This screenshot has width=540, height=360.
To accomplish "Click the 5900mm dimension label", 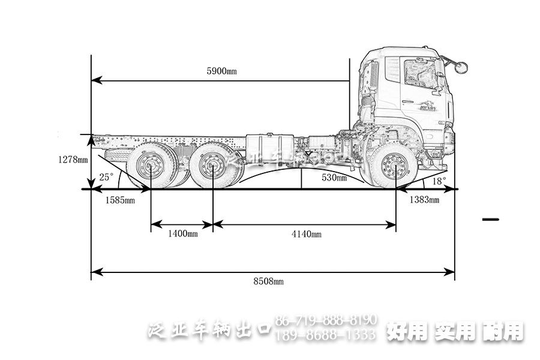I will (221, 71).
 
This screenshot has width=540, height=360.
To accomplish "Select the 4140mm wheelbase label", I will (306, 234).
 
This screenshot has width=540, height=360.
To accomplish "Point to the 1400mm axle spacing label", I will (183, 234).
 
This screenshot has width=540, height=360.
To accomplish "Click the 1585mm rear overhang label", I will (119, 200).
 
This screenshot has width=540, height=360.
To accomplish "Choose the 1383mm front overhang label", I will (424, 200).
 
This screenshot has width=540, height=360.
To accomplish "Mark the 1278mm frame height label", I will (73, 160).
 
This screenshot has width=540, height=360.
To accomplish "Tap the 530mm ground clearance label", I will (334, 178).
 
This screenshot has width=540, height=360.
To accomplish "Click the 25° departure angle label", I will (106, 177).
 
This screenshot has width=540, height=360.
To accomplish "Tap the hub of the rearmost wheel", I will (150, 166).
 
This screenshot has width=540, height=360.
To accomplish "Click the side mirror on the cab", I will (460, 67).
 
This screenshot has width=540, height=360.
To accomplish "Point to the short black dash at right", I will (490, 220).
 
